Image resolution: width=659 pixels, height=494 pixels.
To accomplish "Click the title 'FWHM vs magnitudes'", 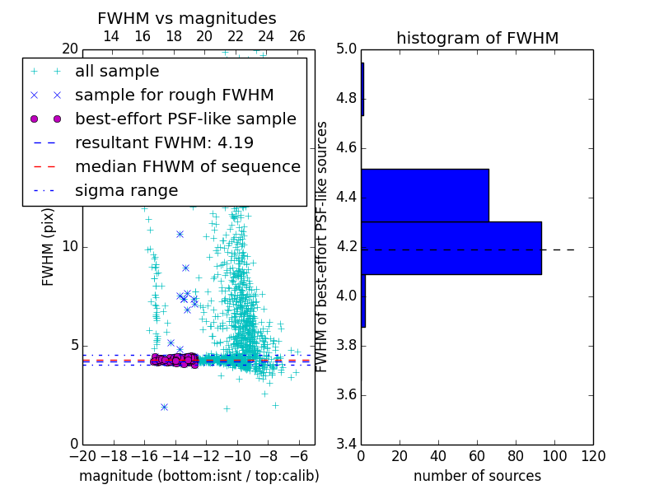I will click(x=187, y=18).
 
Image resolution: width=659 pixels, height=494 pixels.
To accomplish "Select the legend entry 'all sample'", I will click(x=117, y=72).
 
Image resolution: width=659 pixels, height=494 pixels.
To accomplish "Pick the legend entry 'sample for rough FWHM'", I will click(x=174, y=95).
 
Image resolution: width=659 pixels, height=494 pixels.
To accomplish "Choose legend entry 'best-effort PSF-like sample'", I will click(x=185, y=119).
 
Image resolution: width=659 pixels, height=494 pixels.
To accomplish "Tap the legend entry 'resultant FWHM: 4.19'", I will click(x=164, y=142).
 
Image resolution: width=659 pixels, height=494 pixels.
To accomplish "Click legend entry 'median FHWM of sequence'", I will click(x=187, y=166).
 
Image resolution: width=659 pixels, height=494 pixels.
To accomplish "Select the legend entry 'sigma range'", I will click(x=126, y=190).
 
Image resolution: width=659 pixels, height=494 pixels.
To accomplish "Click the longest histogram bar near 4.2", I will click(x=451, y=248).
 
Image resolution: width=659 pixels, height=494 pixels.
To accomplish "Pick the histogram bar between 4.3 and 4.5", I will click(x=424, y=195).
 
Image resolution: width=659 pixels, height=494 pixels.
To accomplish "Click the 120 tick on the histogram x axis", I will click(x=592, y=455).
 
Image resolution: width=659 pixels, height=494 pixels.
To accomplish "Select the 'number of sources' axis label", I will click(x=477, y=476).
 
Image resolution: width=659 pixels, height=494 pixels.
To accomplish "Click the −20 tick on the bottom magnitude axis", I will click(x=82, y=455).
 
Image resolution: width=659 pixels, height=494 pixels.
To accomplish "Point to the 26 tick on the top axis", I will click(x=297, y=36).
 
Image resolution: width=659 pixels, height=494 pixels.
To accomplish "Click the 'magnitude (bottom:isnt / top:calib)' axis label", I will click(x=199, y=476).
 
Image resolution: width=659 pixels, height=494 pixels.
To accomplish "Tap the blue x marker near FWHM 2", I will click(x=164, y=407).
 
